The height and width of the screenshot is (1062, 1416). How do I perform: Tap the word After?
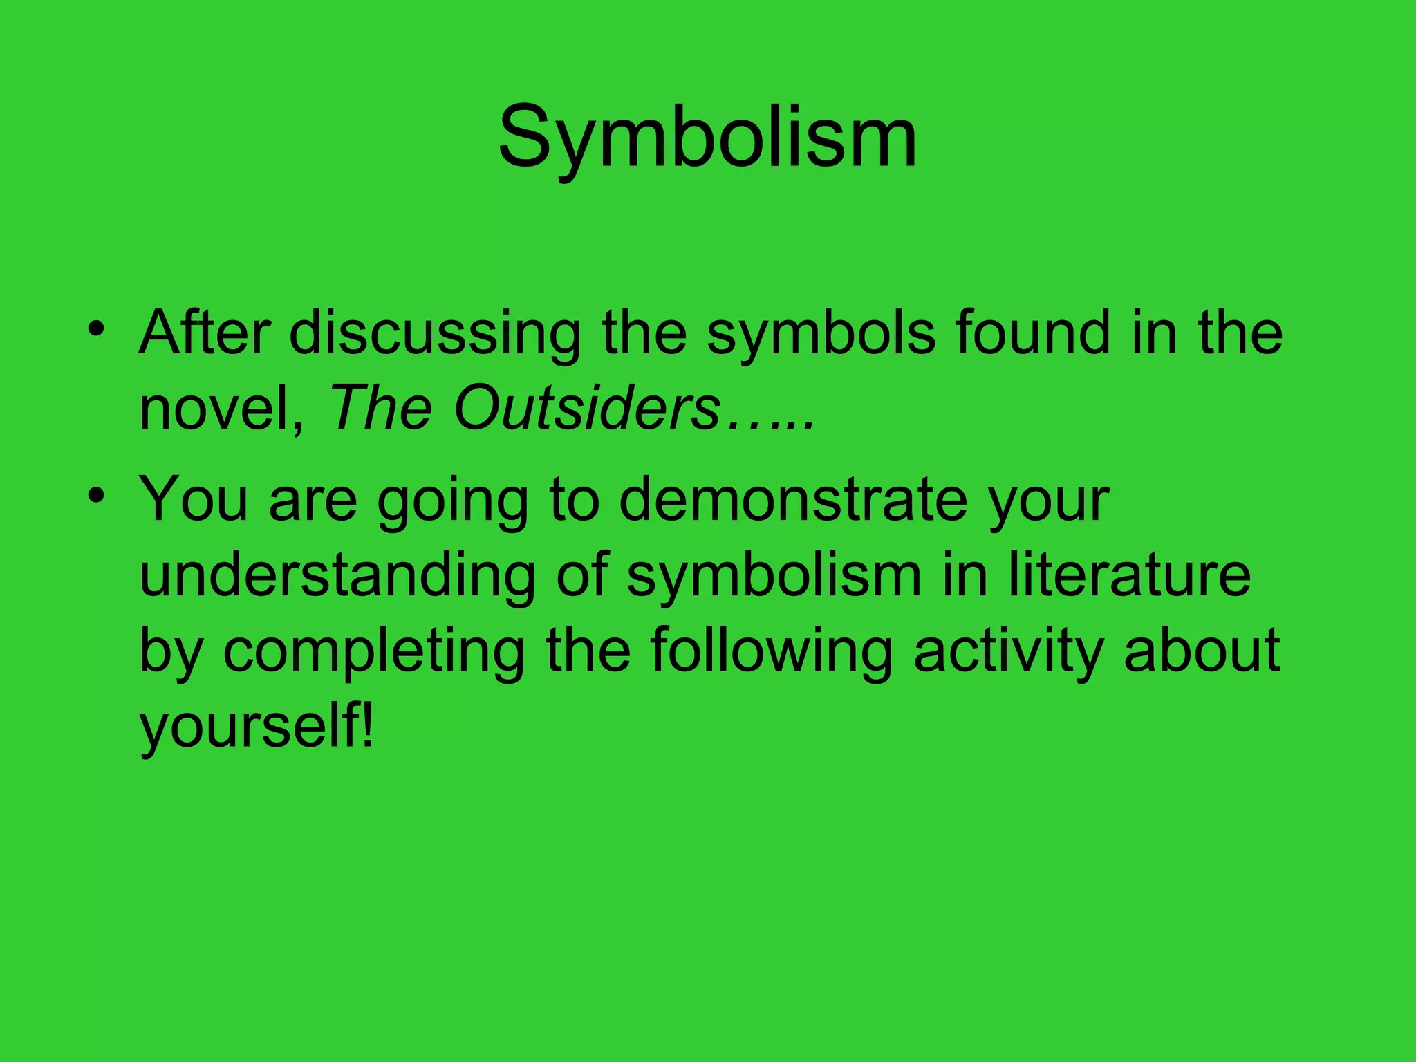[x=205, y=333]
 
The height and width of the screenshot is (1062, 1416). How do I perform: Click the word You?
[x=194, y=499]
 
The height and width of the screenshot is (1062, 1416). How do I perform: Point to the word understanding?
[x=337, y=575]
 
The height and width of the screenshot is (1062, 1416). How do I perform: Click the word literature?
[x=1129, y=575]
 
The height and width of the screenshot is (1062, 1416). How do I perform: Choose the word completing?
[x=373, y=651]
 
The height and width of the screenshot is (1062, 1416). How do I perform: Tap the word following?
[x=771, y=651]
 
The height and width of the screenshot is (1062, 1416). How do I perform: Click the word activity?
[x=1008, y=651]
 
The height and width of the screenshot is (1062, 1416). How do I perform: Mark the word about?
[x=1202, y=651]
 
